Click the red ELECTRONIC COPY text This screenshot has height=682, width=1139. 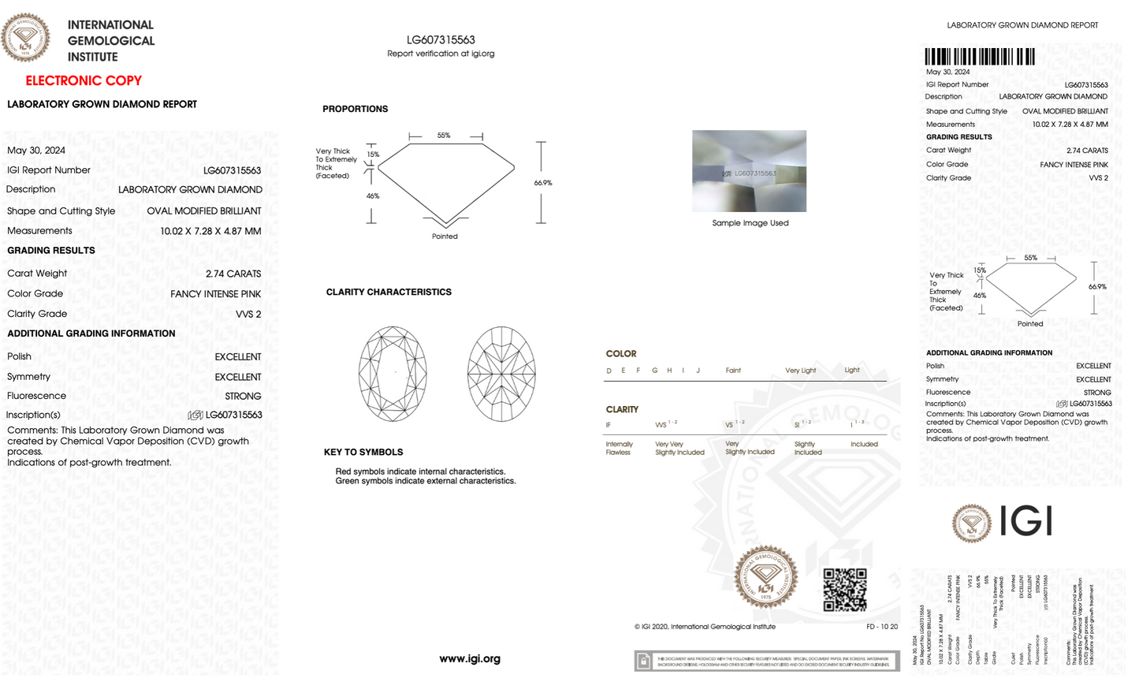[84, 80]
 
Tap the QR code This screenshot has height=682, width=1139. [844, 590]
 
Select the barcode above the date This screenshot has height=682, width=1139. [979, 56]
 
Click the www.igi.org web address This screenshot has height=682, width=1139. [470, 658]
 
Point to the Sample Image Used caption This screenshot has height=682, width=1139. [750, 223]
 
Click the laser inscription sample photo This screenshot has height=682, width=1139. [749, 171]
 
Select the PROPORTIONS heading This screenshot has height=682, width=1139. [355, 109]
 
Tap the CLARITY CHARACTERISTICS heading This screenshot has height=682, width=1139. [389, 292]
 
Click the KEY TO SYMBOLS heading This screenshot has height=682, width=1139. [363, 452]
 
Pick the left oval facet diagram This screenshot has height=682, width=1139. [393, 374]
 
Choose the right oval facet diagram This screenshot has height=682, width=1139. [501, 374]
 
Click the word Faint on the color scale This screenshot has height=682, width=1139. [733, 370]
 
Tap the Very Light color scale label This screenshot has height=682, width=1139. [800, 370]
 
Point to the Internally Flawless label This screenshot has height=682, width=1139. [619, 448]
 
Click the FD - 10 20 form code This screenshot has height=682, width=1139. [881, 627]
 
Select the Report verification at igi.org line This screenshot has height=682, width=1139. [441, 54]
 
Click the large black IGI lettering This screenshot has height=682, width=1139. [1025, 521]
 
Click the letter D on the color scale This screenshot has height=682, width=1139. [609, 370]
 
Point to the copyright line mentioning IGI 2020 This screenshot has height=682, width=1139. [705, 627]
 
